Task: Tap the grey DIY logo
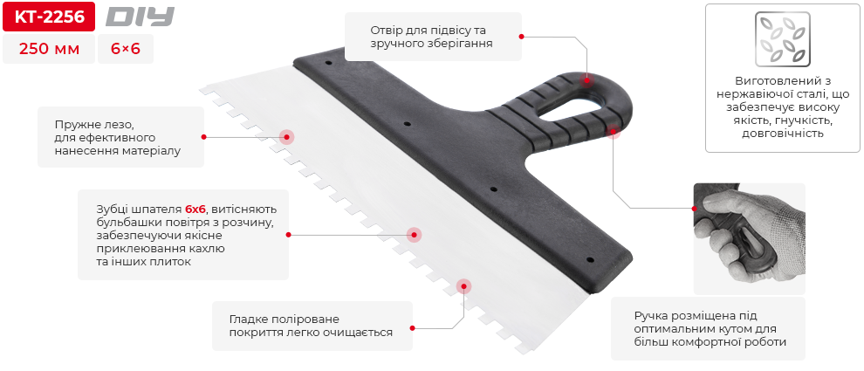tap(140, 17)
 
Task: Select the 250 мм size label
tap(48, 50)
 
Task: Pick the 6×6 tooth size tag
tap(126, 50)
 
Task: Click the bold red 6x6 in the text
tap(195, 210)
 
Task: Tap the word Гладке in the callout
tap(250, 319)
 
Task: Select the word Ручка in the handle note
tap(652, 315)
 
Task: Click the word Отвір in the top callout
tap(387, 30)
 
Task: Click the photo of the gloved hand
tap(749, 237)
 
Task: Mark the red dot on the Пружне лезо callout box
tap(203, 137)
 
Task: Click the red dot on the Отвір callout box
tap(521, 37)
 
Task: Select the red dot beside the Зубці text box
tap(288, 235)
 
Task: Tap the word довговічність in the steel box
tap(782, 134)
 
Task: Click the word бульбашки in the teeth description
tap(127, 223)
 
